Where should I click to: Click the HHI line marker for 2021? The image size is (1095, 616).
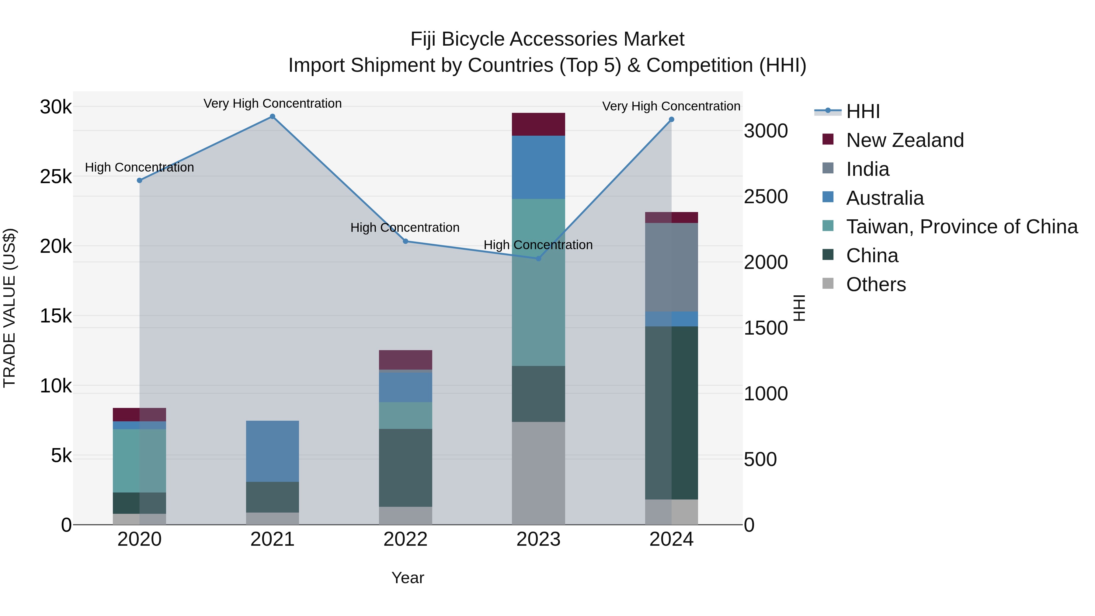[273, 117]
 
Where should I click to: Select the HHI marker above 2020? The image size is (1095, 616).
[139, 180]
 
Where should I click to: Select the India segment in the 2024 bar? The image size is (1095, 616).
[672, 267]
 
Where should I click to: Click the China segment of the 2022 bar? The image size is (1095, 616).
[405, 468]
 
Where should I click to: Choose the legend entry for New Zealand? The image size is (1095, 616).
[904, 140]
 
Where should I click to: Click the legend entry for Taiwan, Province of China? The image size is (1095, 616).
[961, 227]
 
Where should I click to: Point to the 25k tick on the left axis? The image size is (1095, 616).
[56, 177]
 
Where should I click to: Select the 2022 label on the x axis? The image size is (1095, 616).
[405, 539]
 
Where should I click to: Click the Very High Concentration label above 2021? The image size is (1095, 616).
[273, 103]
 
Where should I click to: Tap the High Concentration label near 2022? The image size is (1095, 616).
[405, 228]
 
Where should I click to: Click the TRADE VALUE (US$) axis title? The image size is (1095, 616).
[9, 308]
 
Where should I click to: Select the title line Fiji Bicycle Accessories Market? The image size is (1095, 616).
[547, 39]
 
